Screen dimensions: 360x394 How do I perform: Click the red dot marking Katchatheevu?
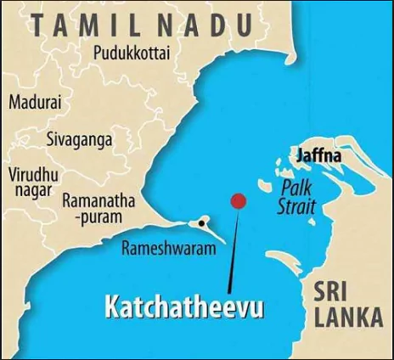click(x=239, y=201)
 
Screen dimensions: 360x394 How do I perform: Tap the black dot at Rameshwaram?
click(x=201, y=223)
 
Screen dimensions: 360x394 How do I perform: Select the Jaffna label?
click(x=318, y=157)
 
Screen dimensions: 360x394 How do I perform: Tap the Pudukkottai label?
click(x=131, y=53)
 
